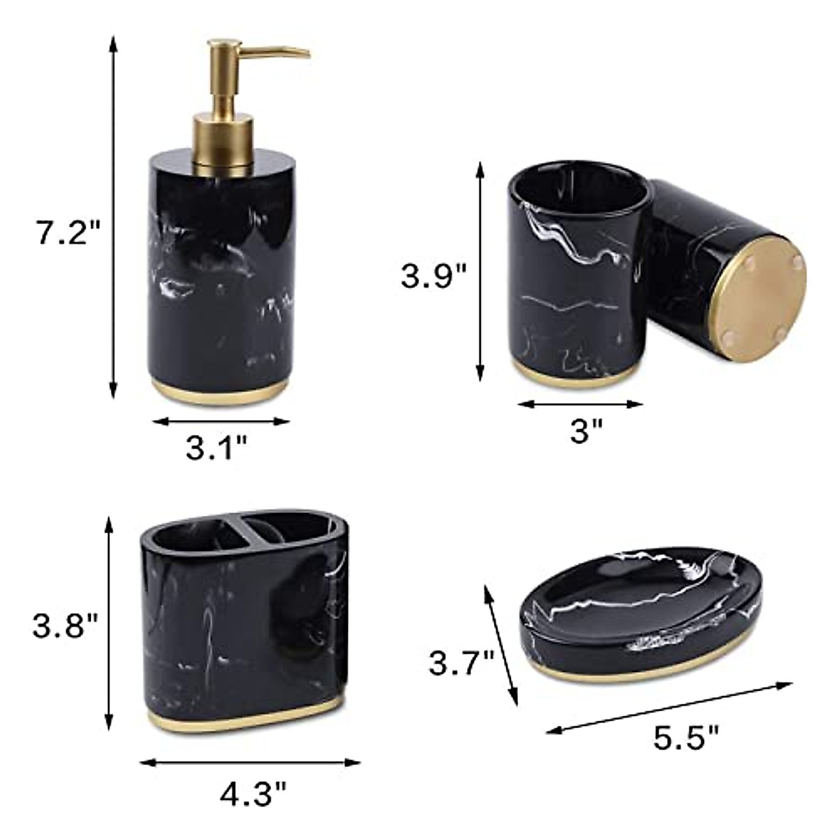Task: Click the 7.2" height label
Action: click(69, 232)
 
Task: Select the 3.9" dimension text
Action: click(433, 275)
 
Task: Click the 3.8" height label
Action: click(65, 625)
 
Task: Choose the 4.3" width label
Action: click(253, 793)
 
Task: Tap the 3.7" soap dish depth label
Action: click(462, 663)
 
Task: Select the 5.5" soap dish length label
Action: click(687, 736)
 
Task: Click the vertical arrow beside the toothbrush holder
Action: click(108, 623)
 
